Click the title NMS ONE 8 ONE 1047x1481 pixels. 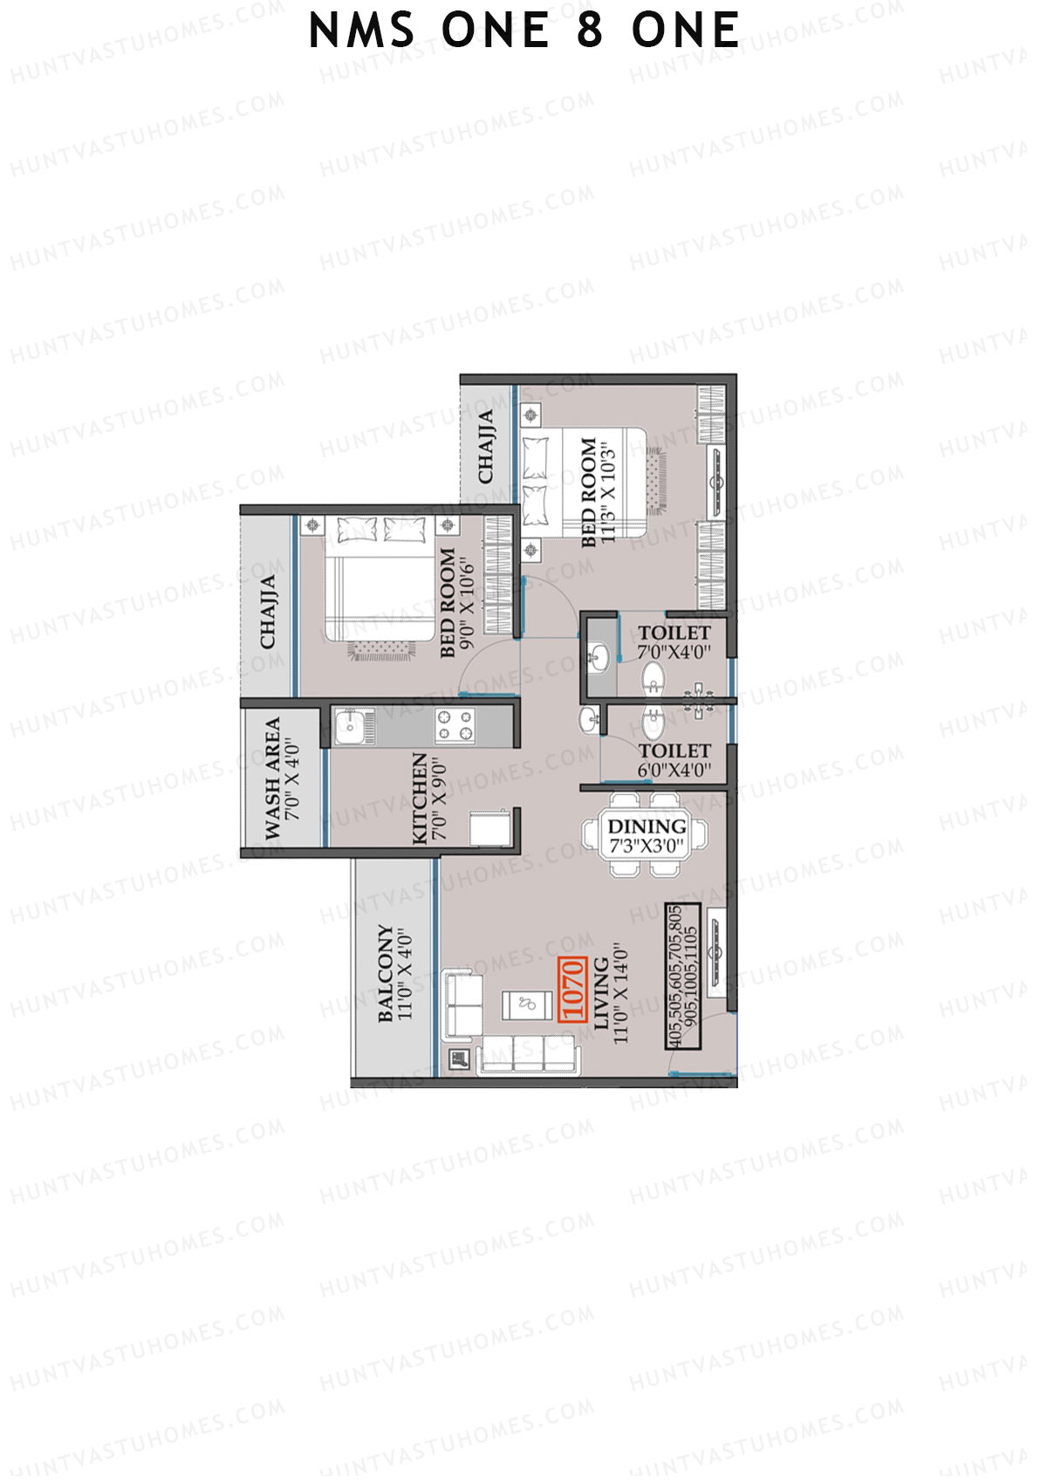524,31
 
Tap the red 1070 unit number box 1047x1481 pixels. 571,989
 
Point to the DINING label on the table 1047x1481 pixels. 647,826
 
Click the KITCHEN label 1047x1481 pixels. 420,799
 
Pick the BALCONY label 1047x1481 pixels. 386,972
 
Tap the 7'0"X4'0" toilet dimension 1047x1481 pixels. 674,652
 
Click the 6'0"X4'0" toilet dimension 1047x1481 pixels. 674,770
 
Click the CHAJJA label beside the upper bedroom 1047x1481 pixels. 486,445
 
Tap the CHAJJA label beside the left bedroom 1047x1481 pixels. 268,611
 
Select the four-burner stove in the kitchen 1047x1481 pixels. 455,725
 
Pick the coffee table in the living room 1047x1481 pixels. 526,1004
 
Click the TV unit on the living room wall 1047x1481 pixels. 716,952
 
